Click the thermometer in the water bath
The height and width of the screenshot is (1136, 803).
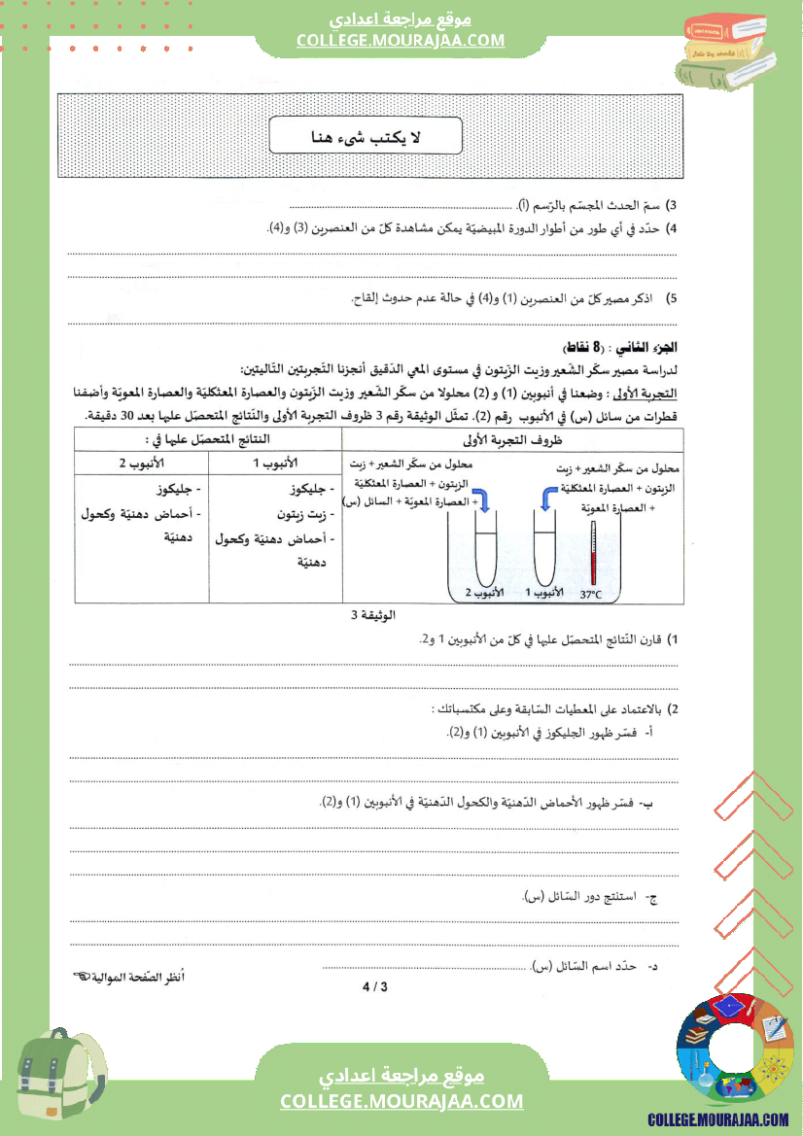(591, 554)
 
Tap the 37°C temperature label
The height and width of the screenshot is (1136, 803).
(591, 594)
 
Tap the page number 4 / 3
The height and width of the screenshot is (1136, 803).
(374, 987)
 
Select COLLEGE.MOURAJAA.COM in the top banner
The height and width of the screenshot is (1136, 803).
(401, 41)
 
